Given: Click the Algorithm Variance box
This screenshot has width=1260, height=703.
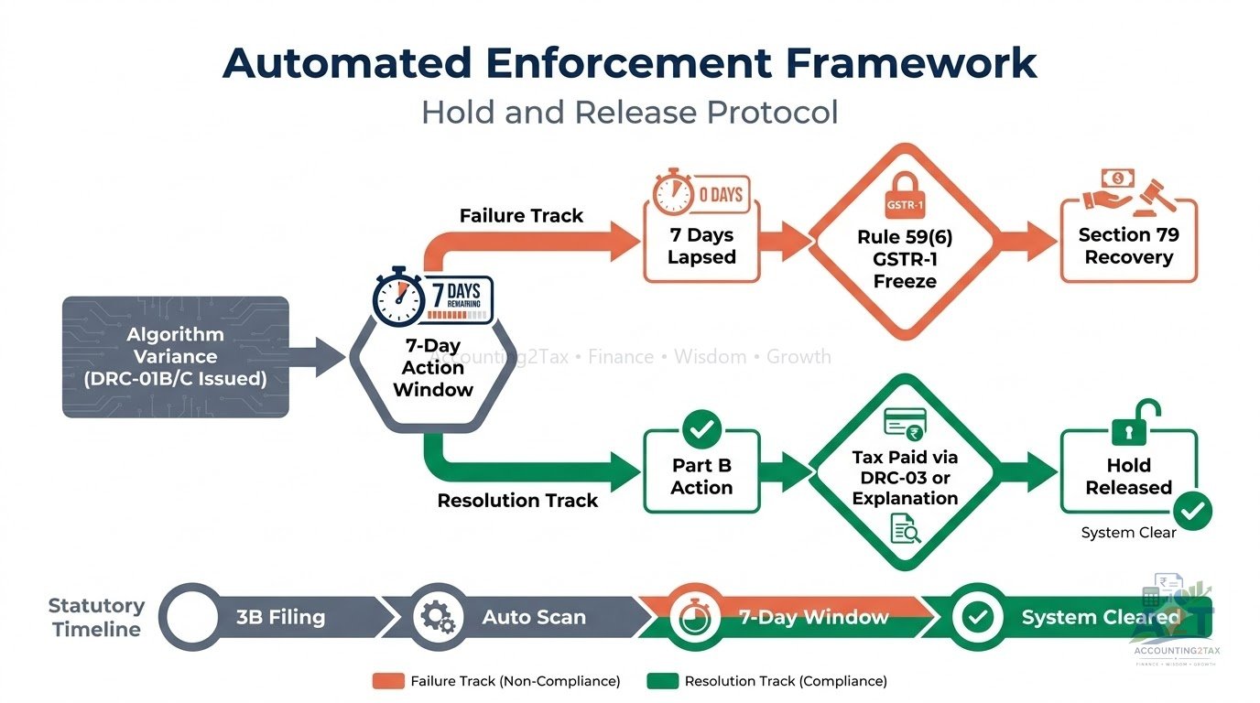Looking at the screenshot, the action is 176,357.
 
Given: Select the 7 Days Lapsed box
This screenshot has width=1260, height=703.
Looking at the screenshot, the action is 701,242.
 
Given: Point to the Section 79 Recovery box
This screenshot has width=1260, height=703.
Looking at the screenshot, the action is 1129,242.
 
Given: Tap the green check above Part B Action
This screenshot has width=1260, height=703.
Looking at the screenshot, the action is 702,429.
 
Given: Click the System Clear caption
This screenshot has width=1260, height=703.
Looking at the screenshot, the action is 1128,533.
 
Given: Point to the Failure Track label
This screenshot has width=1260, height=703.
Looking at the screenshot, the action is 521,215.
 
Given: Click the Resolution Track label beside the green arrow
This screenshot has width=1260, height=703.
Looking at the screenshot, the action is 517,501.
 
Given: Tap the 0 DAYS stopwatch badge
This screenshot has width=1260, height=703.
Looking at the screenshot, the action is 701,195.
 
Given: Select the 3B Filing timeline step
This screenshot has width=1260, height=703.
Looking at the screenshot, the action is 280,617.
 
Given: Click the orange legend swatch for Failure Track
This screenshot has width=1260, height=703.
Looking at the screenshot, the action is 388,680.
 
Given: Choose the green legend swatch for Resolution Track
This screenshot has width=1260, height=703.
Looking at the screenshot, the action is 663,680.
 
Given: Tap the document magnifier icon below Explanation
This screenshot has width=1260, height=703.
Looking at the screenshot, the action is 906,528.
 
